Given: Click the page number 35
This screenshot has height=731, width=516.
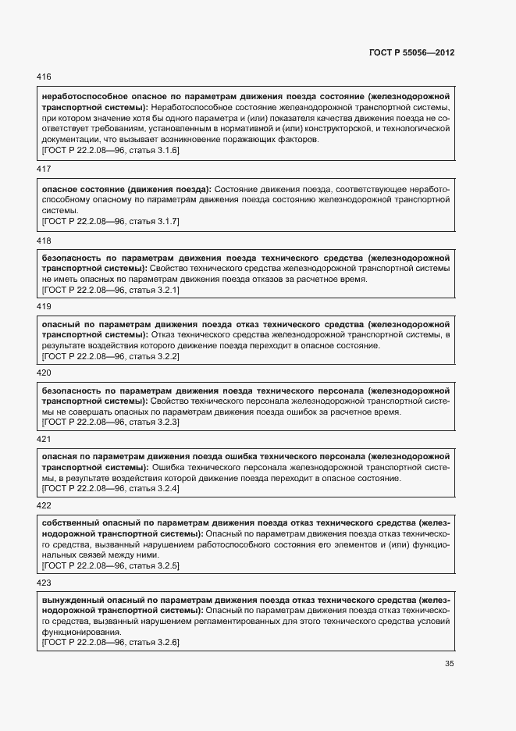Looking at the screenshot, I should (449, 664).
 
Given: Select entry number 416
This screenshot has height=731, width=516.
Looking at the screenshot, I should (44, 77).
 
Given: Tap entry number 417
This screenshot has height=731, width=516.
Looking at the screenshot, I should (44, 169).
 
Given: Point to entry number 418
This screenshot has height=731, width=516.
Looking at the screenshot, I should (44, 241).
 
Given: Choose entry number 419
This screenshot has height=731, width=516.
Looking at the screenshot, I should (44, 307).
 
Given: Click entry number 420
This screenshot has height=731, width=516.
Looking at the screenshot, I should (44, 373).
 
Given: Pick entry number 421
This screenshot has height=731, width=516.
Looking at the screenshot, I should (44, 439).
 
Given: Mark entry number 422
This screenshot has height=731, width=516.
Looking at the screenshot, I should (44, 505).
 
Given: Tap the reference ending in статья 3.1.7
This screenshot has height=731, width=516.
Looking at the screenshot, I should (110, 222).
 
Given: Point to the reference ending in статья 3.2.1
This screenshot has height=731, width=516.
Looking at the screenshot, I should (110, 290).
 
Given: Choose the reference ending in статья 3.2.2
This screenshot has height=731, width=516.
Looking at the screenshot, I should (110, 356).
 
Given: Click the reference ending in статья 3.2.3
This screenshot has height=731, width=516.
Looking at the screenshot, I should (110, 422).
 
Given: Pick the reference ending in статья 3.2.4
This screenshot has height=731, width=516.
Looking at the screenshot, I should (110, 488).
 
